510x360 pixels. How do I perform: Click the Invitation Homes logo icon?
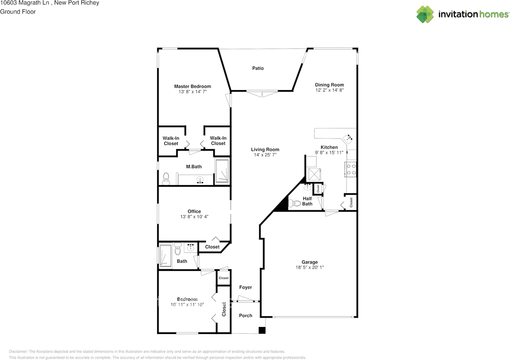425,14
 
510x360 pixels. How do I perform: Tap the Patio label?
258,68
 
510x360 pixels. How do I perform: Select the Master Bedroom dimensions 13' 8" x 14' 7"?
192,92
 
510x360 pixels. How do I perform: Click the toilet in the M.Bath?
167,178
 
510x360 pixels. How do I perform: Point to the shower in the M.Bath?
222,171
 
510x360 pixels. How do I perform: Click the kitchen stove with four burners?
351,169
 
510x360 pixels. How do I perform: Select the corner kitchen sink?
349,139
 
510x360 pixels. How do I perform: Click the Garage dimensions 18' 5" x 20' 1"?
306,268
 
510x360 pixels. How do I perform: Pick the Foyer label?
245,287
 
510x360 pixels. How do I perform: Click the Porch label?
245,315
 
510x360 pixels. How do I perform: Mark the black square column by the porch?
262,330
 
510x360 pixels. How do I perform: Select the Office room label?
194,211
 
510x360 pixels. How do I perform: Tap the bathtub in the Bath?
165,256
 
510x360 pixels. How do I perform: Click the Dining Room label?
329,85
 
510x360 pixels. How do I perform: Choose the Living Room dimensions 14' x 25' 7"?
265,155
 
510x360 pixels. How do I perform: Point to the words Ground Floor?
18,12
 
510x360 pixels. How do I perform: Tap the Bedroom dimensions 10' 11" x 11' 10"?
187,305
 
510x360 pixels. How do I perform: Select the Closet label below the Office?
212,247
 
